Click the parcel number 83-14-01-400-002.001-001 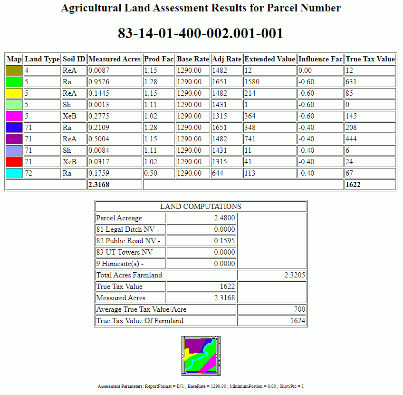point(201,33)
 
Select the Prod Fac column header point(158,59)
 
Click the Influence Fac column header point(320,59)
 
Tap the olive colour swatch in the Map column point(14,70)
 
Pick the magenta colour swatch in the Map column point(14,116)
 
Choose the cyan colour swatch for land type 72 point(14,173)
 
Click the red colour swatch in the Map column point(14,162)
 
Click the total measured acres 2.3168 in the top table point(99,185)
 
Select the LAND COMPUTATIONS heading point(201,207)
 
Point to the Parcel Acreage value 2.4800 point(224,218)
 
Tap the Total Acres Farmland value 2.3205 point(295,275)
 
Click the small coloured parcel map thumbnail point(201,355)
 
